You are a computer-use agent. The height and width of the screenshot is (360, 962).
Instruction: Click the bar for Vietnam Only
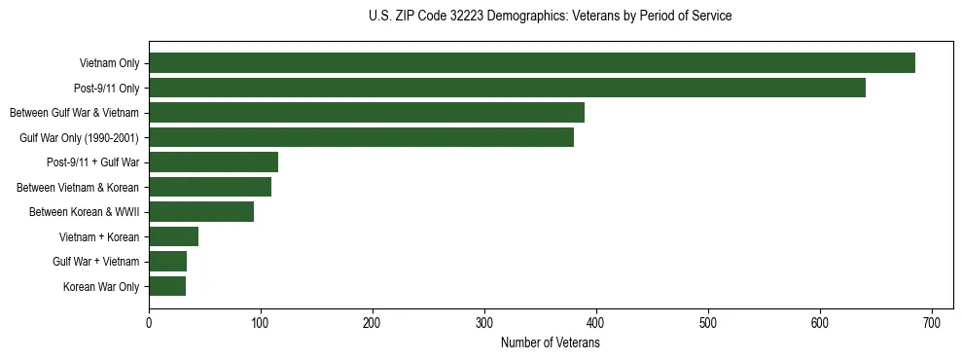(532, 63)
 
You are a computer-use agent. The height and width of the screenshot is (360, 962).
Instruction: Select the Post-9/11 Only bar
(507, 89)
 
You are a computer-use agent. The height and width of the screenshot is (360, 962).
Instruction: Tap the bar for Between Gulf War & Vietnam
(367, 113)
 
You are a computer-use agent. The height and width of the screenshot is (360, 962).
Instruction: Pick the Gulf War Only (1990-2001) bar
(361, 137)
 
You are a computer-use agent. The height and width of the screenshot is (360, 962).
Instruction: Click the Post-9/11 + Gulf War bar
(213, 162)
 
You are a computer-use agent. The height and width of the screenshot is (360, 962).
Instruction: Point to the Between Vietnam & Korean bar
(210, 187)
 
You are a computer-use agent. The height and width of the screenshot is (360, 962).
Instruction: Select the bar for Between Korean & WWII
(201, 212)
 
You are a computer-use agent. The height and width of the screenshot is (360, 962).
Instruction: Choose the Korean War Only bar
(167, 286)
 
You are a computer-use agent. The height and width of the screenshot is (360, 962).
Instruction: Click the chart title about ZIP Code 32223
(550, 17)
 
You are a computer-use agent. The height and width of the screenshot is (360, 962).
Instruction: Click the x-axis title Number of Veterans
(550, 343)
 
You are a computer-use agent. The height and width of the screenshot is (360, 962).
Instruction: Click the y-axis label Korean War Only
(101, 286)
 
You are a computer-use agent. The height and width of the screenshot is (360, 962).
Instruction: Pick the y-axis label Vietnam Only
(109, 63)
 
